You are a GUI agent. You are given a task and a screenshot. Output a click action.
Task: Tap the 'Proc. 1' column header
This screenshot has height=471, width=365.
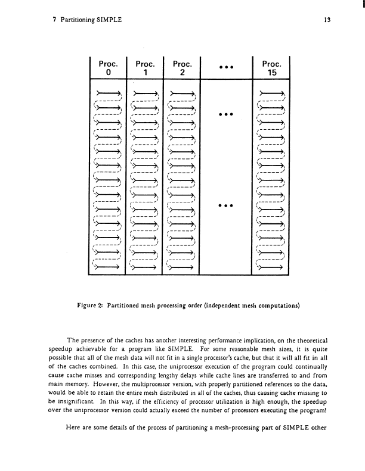point(146,67)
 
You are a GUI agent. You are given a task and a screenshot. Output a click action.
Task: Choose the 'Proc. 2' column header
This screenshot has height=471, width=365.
point(182,67)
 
